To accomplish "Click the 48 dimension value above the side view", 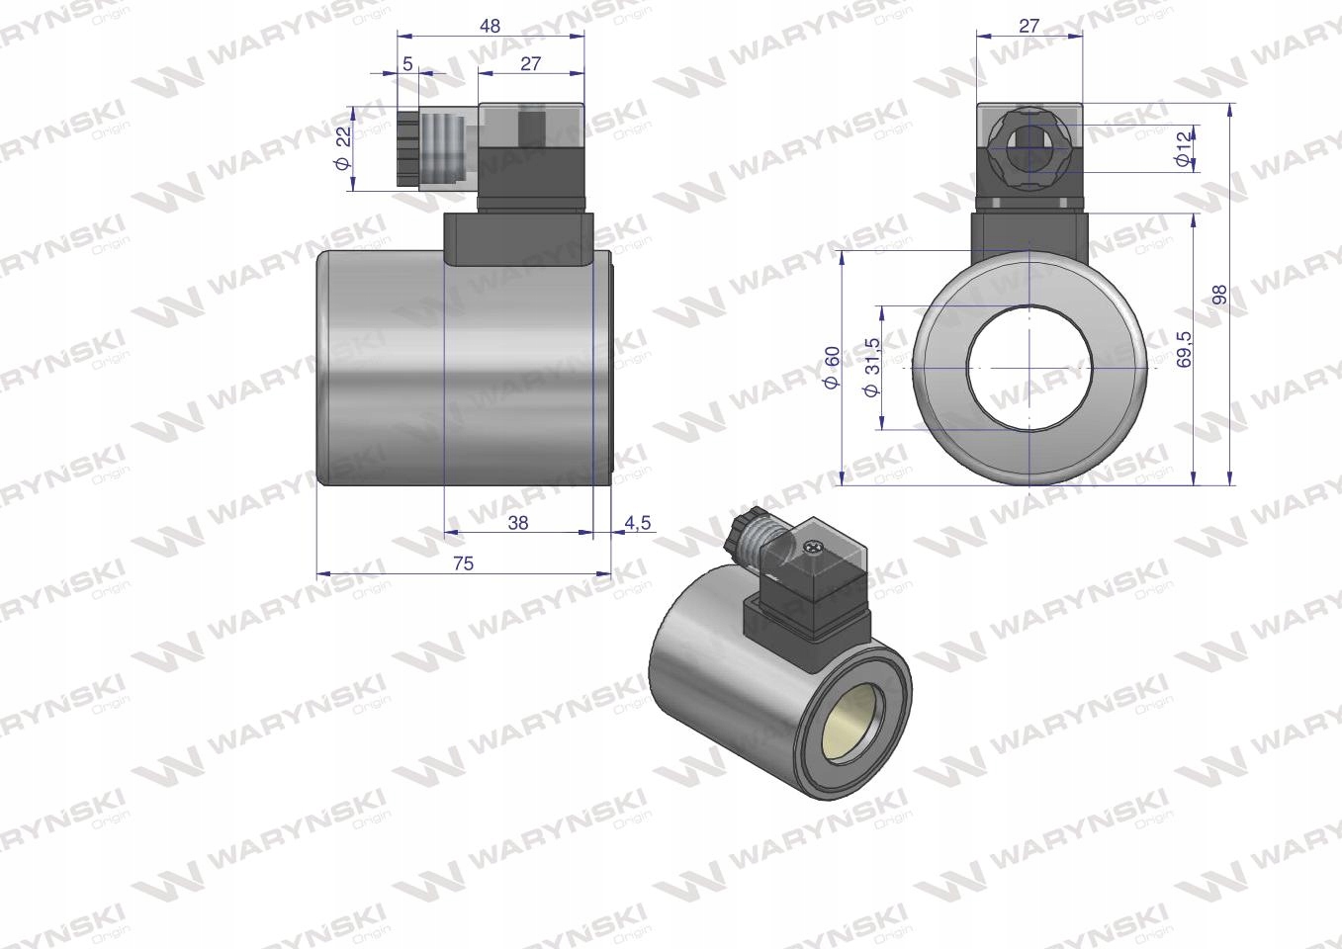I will click(490, 27).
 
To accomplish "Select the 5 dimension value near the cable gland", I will click(407, 64).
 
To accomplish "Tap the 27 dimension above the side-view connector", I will click(531, 64).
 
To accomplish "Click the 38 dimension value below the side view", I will click(517, 522).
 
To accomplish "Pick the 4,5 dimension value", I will click(638, 522).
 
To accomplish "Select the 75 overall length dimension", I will click(463, 563).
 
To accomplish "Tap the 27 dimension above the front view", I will click(1029, 27).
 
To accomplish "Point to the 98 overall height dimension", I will click(1220, 295).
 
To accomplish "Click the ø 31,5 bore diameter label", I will click(871, 367).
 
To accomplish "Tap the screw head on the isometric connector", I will click(815, 545).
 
